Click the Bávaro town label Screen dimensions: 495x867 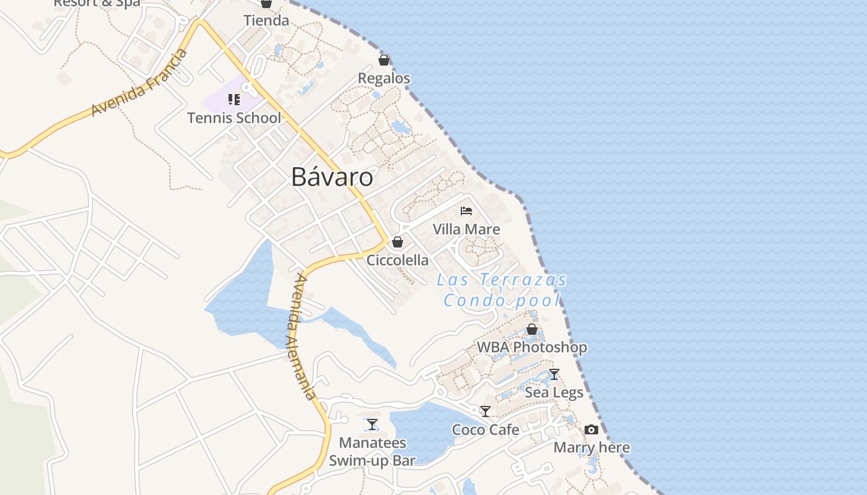tap(332, 178)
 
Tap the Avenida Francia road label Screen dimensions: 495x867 tap(140, 83)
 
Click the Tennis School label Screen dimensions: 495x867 tap(234, 118)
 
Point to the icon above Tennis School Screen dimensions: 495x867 tap(234, 100)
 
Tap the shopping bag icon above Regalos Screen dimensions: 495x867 tap(384, 60)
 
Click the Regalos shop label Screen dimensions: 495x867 tap(384, 79)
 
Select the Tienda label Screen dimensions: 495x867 tap(266, 20)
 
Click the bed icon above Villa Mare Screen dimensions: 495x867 tap(466, 211)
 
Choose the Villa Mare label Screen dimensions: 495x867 tap(466, 230)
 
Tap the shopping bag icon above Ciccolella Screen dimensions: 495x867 tap(398, 242)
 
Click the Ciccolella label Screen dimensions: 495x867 tap(398, 260)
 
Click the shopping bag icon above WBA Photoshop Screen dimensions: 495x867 tap(532, 329)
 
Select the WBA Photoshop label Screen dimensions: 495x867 tap(532, 347)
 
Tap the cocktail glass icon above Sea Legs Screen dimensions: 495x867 tap(554, 374)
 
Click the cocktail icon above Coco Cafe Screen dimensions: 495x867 tap(486, 411)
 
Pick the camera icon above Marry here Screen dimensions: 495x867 tap(591, 429)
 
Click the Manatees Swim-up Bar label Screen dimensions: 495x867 tap(372, 452)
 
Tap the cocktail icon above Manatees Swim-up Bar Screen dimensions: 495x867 tap(372, 424)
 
